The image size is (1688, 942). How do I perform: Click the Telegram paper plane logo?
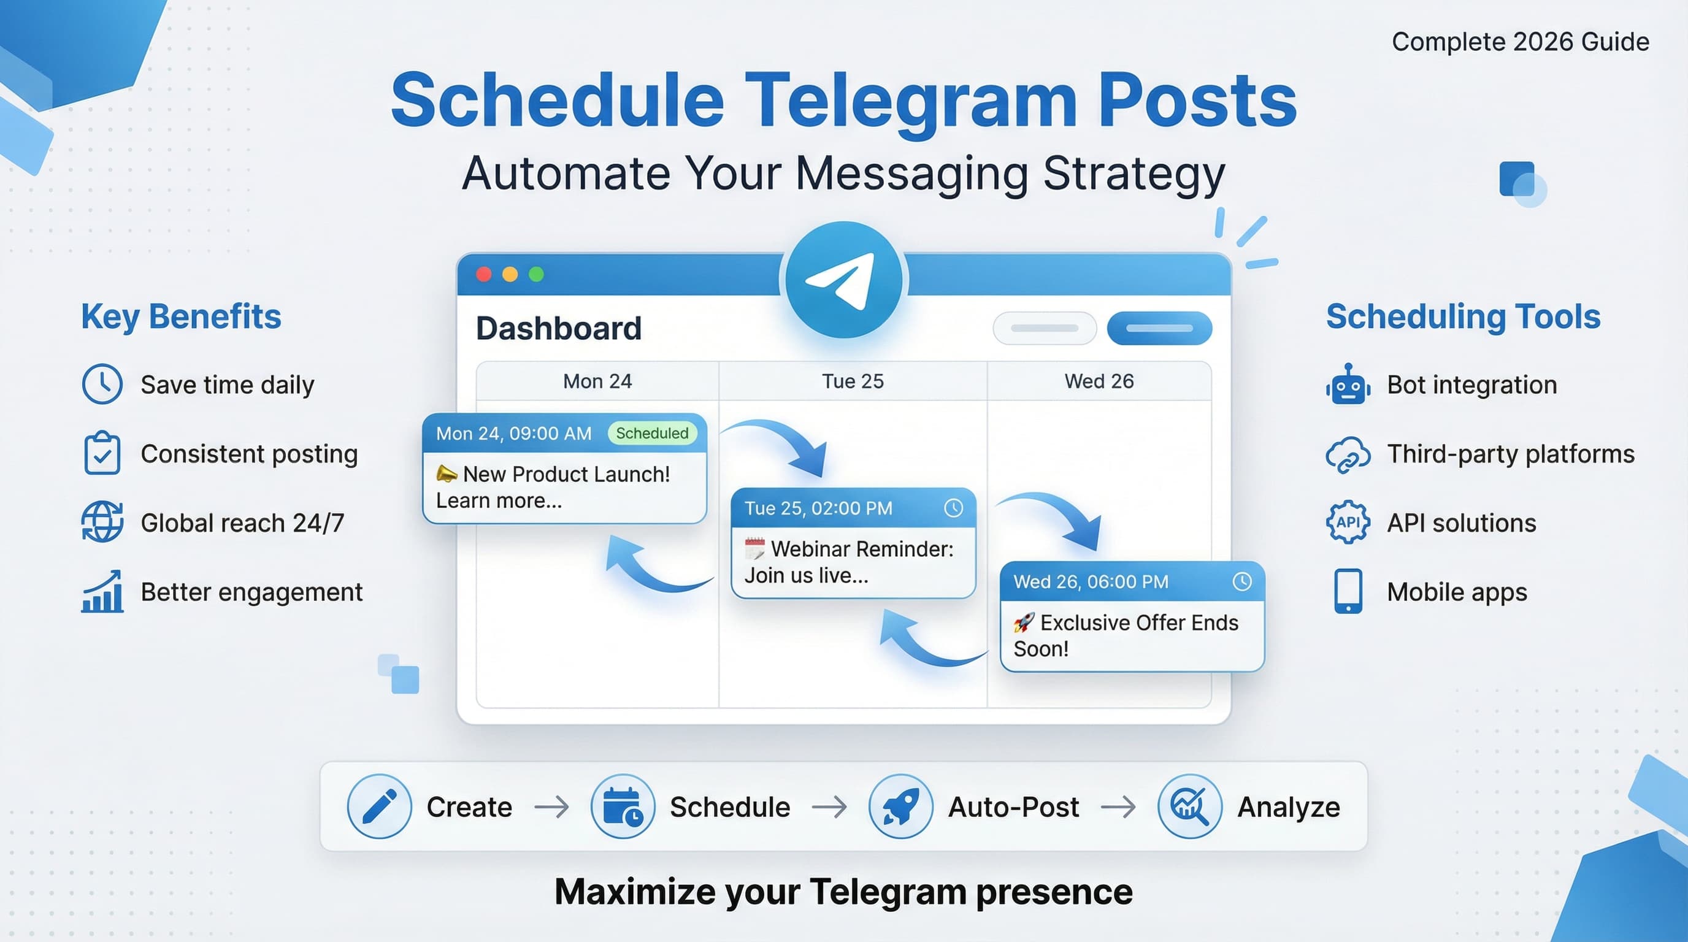click(843, 280)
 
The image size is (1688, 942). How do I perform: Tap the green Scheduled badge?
click(652, 433)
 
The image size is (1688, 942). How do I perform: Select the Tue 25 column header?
click(853, 381)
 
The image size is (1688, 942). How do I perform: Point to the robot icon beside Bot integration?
click(1348, 385)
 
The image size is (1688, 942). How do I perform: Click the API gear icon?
click(1348, 522)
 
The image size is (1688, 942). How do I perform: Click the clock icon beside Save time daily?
click(102, 384)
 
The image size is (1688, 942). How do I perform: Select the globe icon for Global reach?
click(102, 521)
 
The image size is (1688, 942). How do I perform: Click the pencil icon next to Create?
click(380, 806)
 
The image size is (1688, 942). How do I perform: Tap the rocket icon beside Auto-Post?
click(900, 806)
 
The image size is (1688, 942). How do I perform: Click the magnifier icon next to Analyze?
click(1189, 806)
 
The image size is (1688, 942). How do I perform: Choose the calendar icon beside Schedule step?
click(623, 806)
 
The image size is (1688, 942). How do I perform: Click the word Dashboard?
click(558, 328)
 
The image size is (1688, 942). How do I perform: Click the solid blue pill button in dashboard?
click(1159, 328)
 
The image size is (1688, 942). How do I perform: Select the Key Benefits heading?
click(181, 316)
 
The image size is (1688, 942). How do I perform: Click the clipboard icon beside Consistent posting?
click(102, 453)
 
